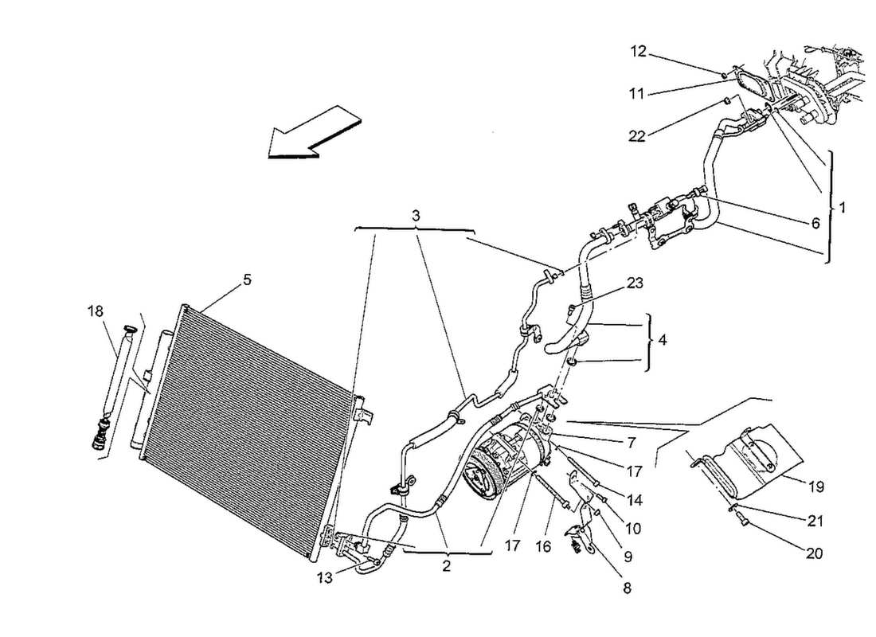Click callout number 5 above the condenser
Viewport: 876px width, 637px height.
tap(247, 279)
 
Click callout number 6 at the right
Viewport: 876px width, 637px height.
tap(814, 225)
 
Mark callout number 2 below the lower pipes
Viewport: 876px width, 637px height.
tap(447, 566)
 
